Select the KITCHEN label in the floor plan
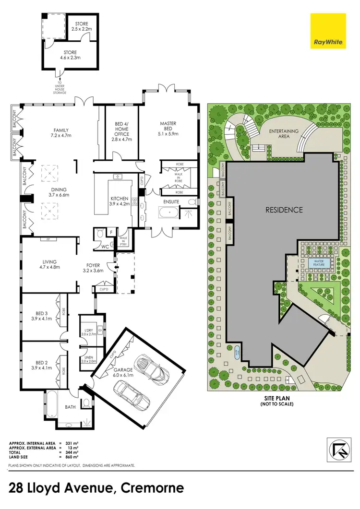[x=119, y=201]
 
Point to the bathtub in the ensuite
[x=168, y=212]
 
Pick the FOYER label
[x=94, y=267]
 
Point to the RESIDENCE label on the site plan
[x=285, y=210]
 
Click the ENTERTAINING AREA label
[x=284, y=134]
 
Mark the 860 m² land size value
[x=71, y=456]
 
